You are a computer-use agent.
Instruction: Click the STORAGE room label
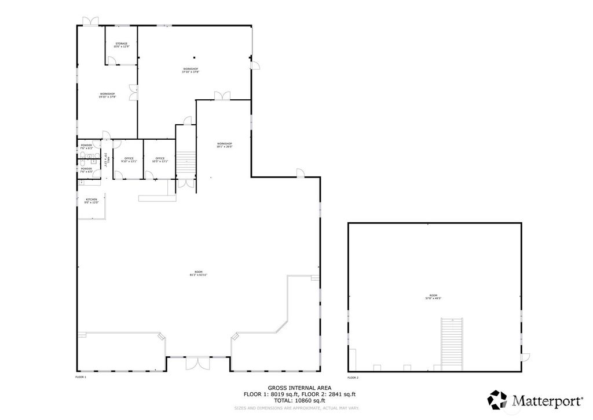click(121, 45)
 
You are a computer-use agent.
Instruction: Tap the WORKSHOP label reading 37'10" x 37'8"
click(191, 70)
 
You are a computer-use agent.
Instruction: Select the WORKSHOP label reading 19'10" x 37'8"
click(107, 96)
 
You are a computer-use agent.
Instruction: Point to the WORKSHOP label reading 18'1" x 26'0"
click(224, 145)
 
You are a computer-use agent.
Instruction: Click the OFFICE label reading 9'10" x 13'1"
click(129, 160)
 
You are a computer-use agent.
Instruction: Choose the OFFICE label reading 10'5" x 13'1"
click(160, 160)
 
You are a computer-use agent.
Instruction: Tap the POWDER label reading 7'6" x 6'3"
click(86, 147)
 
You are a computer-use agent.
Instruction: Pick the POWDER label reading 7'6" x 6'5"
click(86, 170)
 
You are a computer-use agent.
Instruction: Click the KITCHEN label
click(91, 201)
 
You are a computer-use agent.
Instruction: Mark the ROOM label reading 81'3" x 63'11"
click(199, 274)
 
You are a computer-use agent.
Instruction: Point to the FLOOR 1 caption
click(80, 377)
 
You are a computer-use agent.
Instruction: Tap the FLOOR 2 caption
click(353, 378)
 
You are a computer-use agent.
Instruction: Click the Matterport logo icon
click(497, 400)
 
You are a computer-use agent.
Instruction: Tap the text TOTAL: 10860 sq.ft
click(299, 400)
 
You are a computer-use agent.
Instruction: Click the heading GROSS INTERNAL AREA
click(299, 388)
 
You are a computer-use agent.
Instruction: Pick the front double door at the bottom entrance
click(198, 364)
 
